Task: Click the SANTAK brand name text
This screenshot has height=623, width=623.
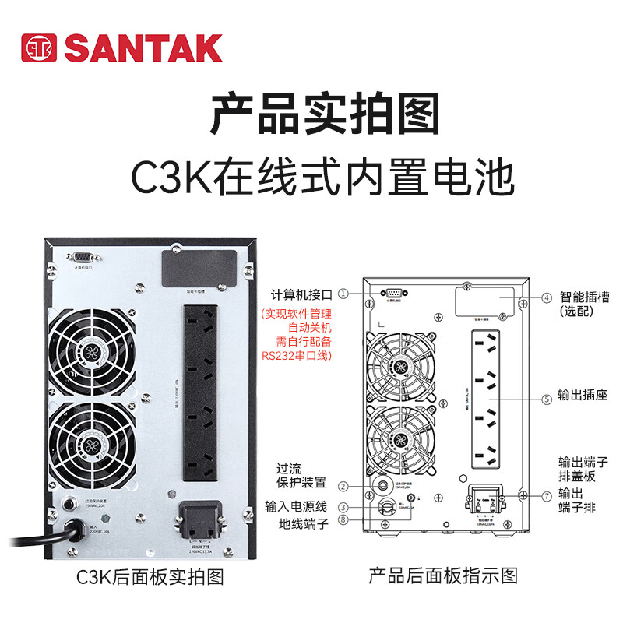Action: pos(143,48)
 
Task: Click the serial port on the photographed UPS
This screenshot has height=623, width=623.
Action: pos(83,258)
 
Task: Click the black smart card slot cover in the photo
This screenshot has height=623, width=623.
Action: pos(199,269)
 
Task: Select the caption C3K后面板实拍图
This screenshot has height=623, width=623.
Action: pos(150,577)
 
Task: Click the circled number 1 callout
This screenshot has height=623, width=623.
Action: pos(343,294)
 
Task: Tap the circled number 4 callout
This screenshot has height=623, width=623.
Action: pos(547,297)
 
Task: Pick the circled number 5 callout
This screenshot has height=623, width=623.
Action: pos(547,399)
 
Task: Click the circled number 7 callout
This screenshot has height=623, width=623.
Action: pos(547,495)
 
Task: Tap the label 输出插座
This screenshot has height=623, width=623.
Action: pos(583,396)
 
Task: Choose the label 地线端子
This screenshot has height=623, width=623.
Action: pos(304,524)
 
